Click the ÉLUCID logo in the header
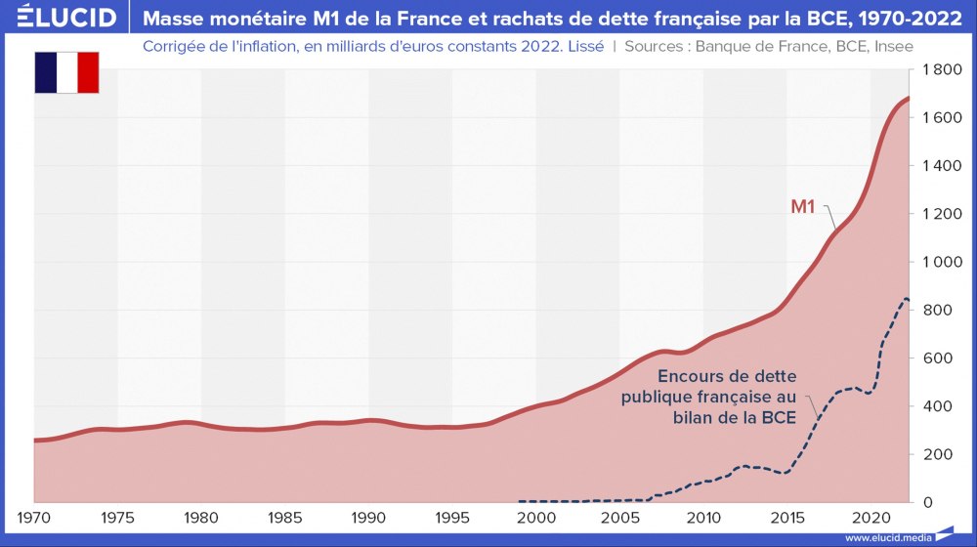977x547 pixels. tap(61, 18)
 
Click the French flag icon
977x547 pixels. tap(67, 73)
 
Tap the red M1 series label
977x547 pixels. tap(803, 206)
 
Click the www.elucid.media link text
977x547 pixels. tap(887, 537)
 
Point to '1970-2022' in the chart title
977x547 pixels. tap(914, 18)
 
